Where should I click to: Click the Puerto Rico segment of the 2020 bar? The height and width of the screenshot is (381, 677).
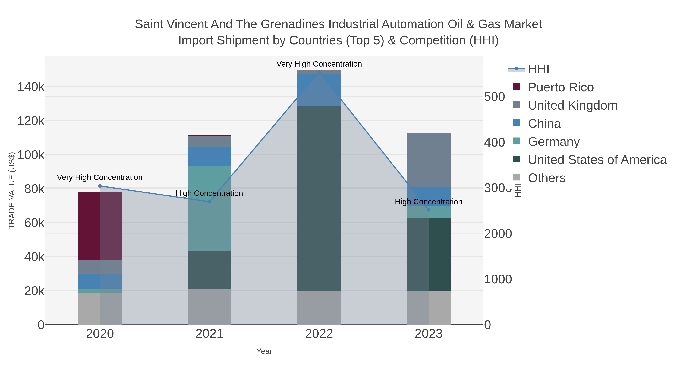pos(100,226)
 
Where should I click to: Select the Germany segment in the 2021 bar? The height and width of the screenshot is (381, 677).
pos(209,208)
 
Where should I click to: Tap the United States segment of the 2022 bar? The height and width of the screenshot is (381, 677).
pos(319,198)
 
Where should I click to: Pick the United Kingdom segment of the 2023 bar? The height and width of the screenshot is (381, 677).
pos(428,160)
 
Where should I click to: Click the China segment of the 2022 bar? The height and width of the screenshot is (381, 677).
pos(319,90)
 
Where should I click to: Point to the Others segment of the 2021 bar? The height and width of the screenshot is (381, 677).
pos(209,307)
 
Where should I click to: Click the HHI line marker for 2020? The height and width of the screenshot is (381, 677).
pos(100,186)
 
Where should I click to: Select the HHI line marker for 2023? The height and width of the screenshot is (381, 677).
pos(428,210)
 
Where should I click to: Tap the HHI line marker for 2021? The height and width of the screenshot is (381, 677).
pos(209,202)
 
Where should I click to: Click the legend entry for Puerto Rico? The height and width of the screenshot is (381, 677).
pos(560,87)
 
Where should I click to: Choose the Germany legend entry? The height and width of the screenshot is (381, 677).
pos(553,142)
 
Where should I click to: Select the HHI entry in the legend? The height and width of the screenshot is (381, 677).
pos(538,69)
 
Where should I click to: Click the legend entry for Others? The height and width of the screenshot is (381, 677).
pos(546,178)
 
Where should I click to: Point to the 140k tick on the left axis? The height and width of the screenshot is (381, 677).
pos(31,87)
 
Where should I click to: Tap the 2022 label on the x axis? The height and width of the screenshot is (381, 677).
pos(319,334)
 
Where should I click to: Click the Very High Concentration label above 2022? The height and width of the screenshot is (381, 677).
pos(319,64)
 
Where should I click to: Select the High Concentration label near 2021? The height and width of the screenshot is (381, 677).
pos(209,193)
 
